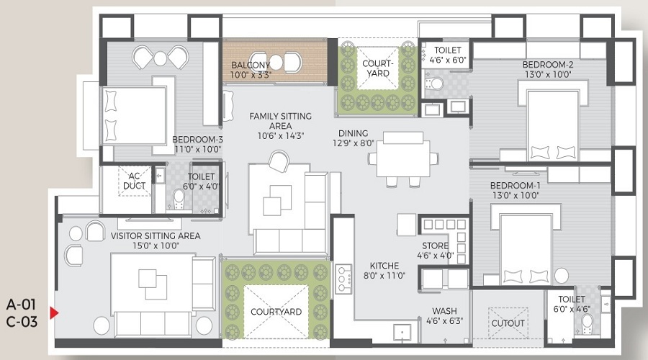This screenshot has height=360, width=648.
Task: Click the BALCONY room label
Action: (251, 65)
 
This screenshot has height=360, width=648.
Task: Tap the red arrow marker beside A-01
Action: (53, 313)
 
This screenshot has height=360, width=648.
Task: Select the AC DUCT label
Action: (135, 180)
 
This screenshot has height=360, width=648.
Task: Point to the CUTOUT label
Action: (508, 323)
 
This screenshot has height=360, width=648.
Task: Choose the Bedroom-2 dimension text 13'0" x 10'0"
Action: (547, 74)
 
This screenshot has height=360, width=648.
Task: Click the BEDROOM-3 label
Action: (197, 140)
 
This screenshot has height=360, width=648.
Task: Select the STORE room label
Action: (436, 246)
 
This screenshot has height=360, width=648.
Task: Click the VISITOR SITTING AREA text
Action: (156, 235)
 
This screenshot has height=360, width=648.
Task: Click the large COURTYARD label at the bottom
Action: (276, 312)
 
